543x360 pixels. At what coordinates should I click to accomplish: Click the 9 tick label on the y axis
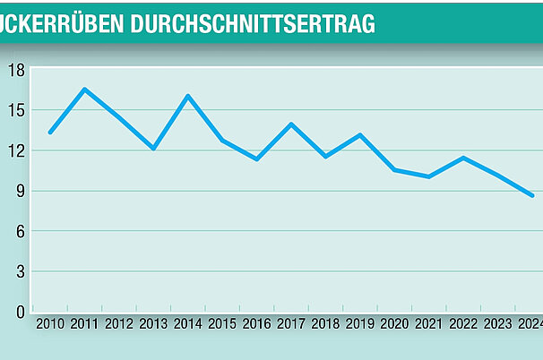coord(19,191)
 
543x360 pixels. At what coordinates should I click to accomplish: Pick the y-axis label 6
coord(19,231)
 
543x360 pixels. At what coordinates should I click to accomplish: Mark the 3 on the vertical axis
coord(19,271)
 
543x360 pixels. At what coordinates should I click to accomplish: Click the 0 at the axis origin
coord(19,312)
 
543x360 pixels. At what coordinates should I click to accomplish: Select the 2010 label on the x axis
coord(51,324)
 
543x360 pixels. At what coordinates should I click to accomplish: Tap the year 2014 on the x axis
coord(188,324)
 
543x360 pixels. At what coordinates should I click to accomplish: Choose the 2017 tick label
coord(291,324)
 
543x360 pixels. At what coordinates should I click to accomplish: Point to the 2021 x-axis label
coord(428,324)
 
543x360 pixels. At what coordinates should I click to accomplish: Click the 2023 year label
coord(497,324)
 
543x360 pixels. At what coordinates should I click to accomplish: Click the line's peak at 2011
coord(84,90)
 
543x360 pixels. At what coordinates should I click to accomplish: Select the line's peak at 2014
coord(188,96)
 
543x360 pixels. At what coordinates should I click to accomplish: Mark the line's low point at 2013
coord(153,149)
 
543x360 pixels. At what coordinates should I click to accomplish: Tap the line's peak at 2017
coord(291,124)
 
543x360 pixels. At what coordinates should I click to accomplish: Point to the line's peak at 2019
coord(360,135)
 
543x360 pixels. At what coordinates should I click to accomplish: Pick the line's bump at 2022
coord(462,158)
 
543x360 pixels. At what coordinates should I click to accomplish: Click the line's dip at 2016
coord(257,159)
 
